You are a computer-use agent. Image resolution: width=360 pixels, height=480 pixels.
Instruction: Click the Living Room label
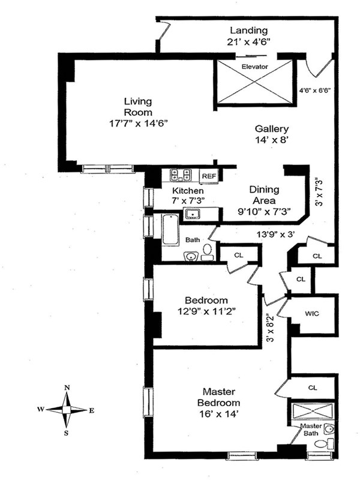138,106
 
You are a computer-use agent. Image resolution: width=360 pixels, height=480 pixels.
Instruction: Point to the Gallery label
272,128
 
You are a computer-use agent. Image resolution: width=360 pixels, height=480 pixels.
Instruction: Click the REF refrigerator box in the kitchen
209,176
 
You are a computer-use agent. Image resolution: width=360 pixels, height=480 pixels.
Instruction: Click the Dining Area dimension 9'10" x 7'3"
265,211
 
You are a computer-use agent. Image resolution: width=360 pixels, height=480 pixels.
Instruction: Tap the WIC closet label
311,313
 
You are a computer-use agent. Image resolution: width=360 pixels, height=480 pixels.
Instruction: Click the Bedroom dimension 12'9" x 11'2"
206,311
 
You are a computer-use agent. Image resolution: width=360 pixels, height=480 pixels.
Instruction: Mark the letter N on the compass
68,388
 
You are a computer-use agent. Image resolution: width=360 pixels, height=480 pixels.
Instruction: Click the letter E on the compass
91,410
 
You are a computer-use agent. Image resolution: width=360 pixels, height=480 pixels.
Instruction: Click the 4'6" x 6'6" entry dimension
316,91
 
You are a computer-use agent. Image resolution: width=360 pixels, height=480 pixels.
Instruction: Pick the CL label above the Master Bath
312,388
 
